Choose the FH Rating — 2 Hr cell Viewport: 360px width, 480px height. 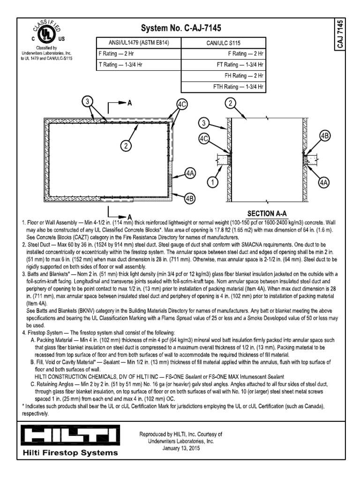click(244, 75)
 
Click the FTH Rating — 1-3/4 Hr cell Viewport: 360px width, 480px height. click(239, 87)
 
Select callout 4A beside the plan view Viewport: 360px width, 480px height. click(190, 173)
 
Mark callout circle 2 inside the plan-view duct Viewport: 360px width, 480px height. click(125, 146)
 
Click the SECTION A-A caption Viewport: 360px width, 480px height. click(266, 212)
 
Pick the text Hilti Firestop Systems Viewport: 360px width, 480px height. click(70, 453)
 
